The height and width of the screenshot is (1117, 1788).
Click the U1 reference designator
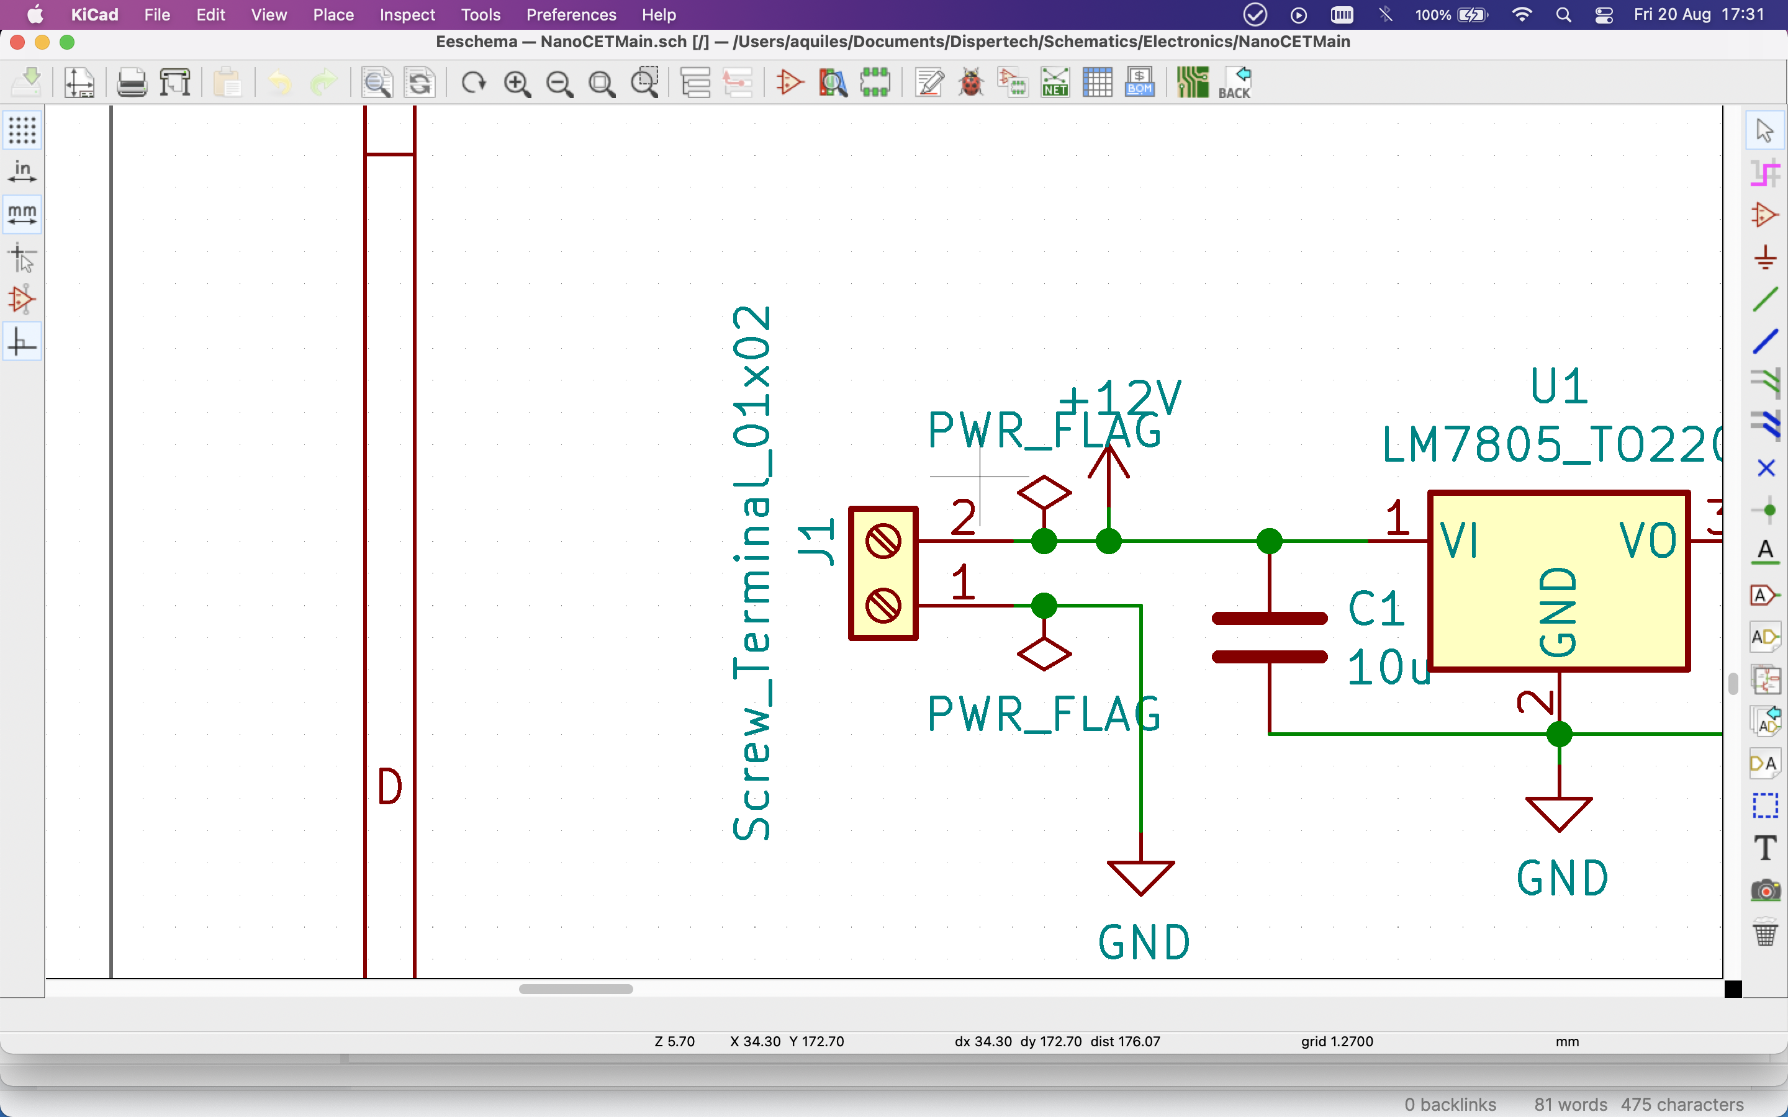1558,387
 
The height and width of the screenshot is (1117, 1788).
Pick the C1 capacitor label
1375,609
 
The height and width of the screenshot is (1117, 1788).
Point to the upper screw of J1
883,542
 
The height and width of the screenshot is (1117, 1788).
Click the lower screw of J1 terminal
883,606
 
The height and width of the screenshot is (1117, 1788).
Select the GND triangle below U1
1558,814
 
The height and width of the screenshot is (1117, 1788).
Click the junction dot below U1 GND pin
1559,734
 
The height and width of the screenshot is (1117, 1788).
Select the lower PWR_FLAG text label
1043,714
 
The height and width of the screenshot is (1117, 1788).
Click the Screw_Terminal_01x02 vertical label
752,573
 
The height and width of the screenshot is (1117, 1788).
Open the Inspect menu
407,15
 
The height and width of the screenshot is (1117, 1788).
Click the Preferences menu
571,15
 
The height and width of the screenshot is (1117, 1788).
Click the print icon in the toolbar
132,83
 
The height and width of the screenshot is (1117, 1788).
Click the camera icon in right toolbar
1765,890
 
